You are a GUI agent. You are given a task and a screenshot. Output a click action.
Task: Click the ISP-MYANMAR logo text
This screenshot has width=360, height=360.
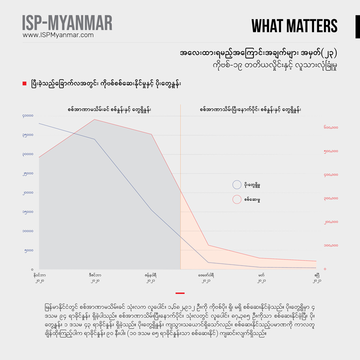pos(67,23)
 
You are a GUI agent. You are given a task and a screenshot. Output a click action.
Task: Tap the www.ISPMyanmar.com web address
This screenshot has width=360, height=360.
pos(58,35)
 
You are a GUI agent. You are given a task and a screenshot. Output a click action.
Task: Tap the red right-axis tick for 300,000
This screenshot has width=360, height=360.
pos(331,198)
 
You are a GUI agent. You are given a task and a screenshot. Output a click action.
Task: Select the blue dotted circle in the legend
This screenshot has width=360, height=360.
pos(237,184)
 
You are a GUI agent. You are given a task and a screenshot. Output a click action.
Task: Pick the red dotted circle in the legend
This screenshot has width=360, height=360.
pos(237,199)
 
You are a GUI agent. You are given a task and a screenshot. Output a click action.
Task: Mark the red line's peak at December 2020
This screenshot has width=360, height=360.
pos(94,119)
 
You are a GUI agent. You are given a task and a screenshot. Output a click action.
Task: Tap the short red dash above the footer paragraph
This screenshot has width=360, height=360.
pos(180,293)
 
